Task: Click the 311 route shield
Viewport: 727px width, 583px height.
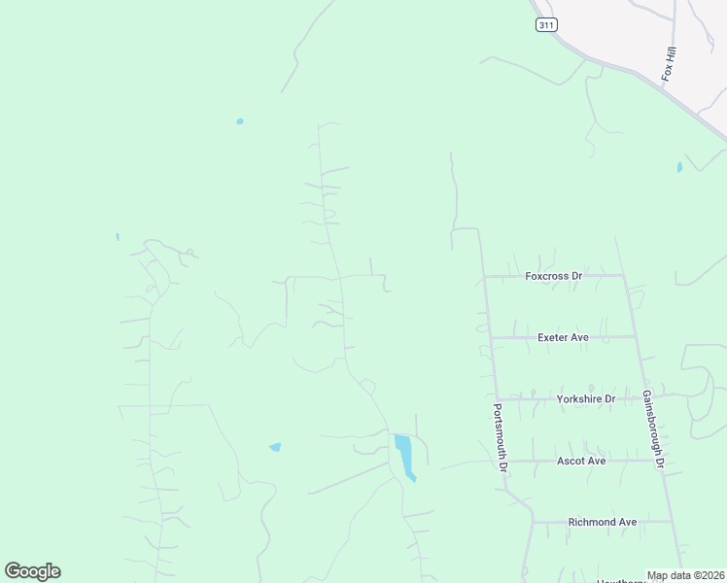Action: pyautogui.click(x=546, y=25)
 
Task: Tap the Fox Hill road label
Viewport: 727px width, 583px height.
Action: pyautogui.click(x=669, y=63)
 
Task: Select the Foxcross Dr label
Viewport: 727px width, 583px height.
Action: pyautogui.click(x=553, y=276)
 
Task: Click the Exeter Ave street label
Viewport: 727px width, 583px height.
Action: pyautogui.click(x=563, y=337)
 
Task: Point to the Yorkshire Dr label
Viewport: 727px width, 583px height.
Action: pyautogui.click(x=586, y=398)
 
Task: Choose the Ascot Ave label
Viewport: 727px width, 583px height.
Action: pyautogui.click(x=580, y=461)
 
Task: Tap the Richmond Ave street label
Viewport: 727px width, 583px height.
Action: pyautogui.click(x=603, y=522)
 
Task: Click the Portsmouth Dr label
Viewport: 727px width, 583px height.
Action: pyautogui.click(x=501, y=437)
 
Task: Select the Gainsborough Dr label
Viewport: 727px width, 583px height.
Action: pyautogui.click(x=652, y=429)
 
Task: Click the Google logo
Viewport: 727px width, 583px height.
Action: pyautogui.click(x=32, y=571)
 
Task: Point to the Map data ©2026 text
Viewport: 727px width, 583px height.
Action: pyautogui.click(x=685, y=575)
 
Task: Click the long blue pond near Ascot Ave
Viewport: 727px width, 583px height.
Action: pyautogui.click(x=404, y=455)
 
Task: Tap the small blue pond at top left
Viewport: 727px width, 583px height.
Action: pyautogui.click(x=239, y=121)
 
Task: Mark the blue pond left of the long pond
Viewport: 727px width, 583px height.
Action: pyautogui.click(x=275, y=447)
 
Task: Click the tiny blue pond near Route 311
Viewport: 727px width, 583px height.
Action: pyautogui.click(x=679, y=167)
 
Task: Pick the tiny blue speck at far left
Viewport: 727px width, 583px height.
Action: pyautogui.click(x=117, y=236)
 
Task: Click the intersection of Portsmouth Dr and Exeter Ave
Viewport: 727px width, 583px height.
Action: pyautogui.click(x=490, y=337)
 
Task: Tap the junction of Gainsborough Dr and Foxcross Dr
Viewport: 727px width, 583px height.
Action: pyautogui.click(x=623, y=275)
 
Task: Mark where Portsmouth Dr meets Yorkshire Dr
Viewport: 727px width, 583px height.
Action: pyautogui.click(x=497, y=398)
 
